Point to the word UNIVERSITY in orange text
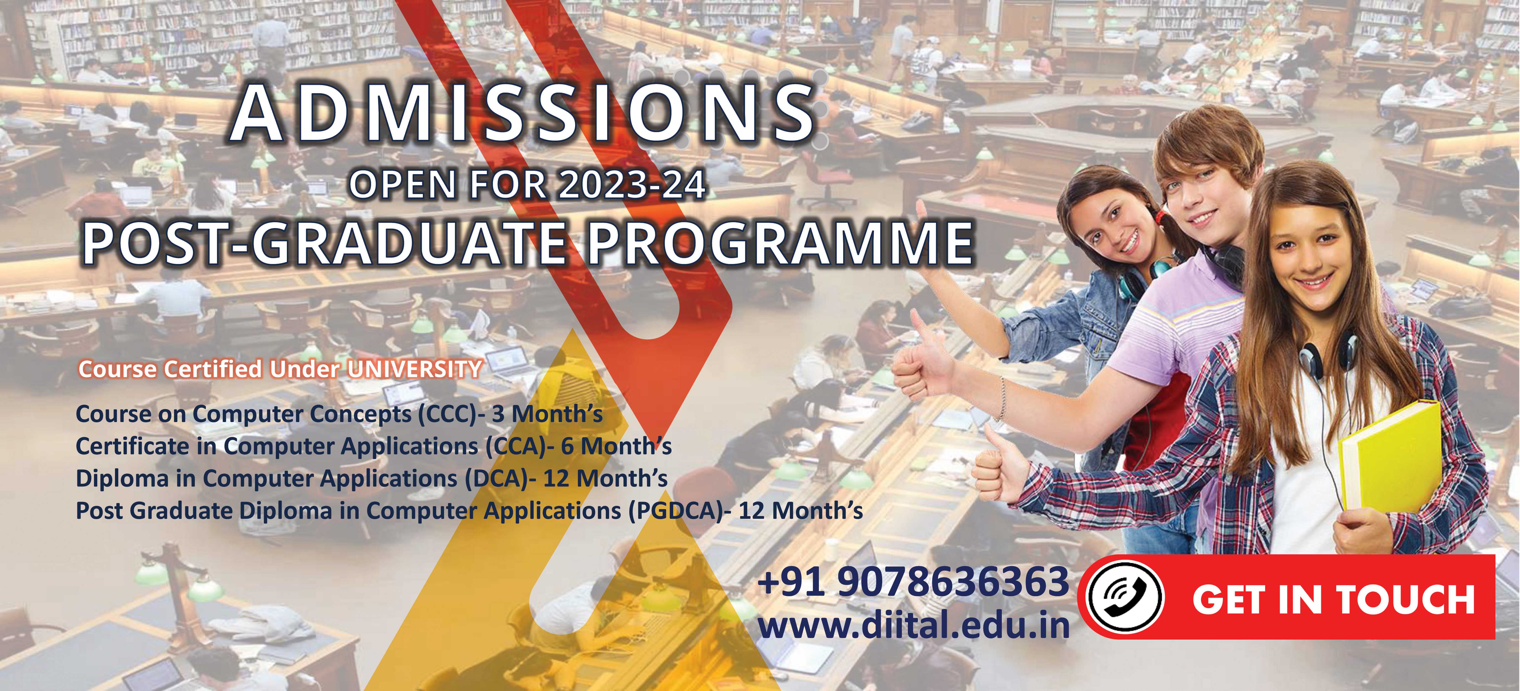click(414, 369)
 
